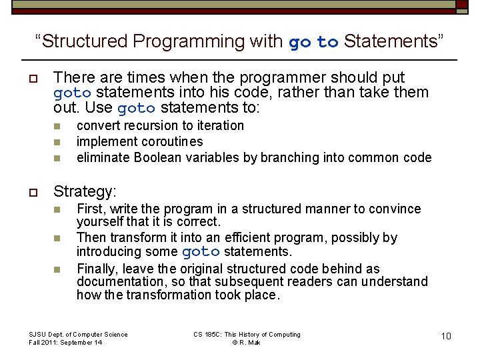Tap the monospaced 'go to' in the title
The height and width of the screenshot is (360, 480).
click(x=313, y=42)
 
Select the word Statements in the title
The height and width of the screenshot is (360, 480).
click(x=390, y=41)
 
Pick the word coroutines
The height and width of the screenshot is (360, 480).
click(x=171, y=141)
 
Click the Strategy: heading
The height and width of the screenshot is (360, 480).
click(x=85, y=192)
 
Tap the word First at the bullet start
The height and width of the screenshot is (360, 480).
click(x=90, y=209)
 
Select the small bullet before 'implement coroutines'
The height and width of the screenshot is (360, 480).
click(x=57, y=142)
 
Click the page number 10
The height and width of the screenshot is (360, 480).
click(x=446, y=336)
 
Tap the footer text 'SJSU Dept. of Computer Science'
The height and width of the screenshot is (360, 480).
click(x=78, y=334)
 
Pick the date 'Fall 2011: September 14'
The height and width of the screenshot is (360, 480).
click(x=65, y=342)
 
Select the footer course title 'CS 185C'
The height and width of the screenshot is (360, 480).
click(x=207, y=334)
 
